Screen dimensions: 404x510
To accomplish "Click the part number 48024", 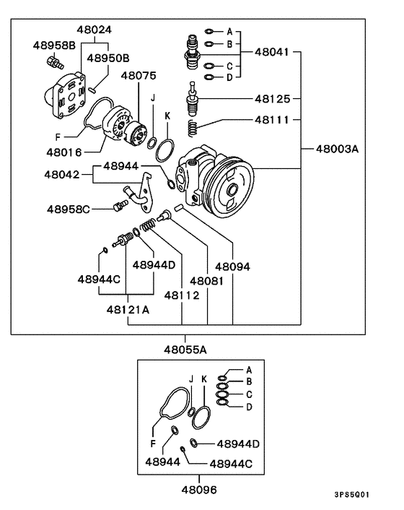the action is (95, 30).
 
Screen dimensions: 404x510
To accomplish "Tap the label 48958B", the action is (54, 46).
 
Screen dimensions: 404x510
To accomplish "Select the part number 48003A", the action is (337, 149).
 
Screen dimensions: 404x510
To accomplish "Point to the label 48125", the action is (272, 98).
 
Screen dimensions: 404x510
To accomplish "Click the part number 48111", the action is (272, 120).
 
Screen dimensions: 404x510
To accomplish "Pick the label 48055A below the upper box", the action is (185, 350).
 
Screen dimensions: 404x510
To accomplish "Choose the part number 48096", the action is (199, 490).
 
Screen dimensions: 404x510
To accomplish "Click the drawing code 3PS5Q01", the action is (352, 495).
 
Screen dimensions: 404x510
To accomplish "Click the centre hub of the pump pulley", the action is (232, 190).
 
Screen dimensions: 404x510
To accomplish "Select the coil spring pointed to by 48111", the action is (193, 128).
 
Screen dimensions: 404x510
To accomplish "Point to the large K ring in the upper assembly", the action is (164, 150).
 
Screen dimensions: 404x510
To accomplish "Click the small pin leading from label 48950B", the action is (92, 89).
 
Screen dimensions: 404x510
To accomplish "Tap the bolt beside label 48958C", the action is (120, 206).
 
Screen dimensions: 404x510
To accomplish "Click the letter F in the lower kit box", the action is (153, 444).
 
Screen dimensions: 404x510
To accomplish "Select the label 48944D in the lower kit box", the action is (238, 444).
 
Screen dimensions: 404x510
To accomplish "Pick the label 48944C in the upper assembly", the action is (99, 279).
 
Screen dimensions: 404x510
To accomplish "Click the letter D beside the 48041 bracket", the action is (229, 78).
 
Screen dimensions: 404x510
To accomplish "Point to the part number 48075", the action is (139, 76).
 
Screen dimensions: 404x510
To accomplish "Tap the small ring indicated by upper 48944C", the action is (105, 250).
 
